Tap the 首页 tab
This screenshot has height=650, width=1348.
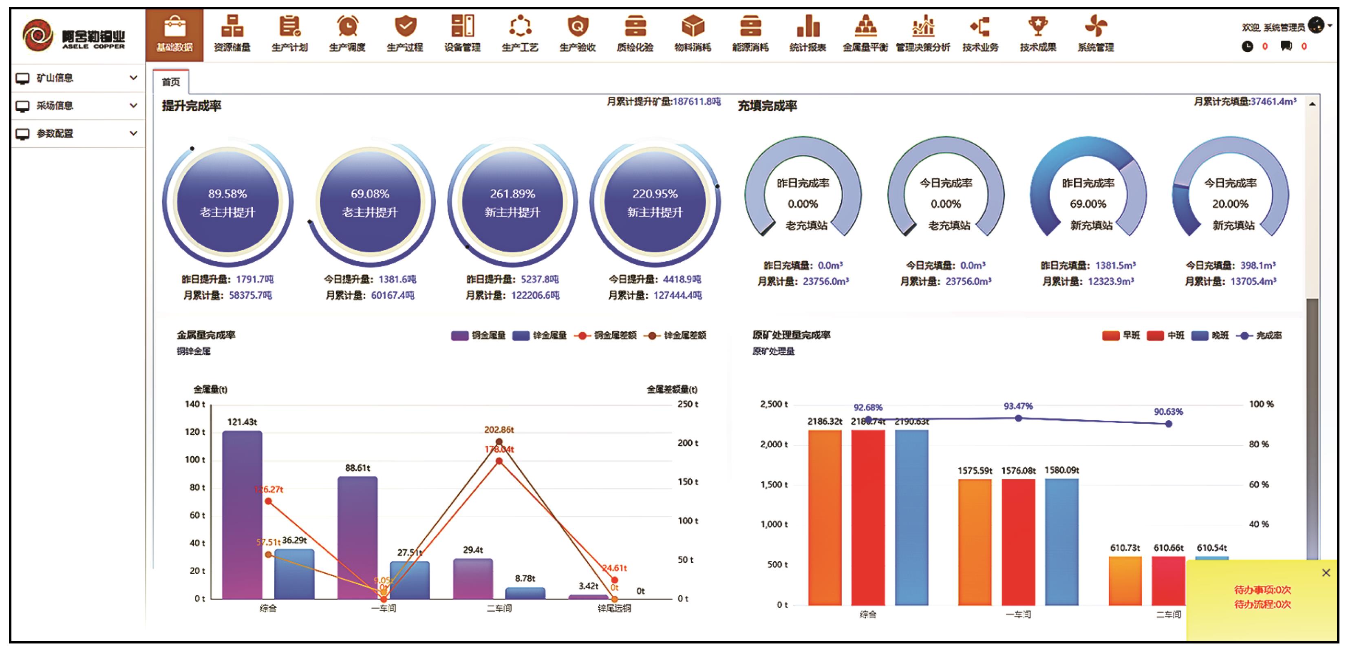171,82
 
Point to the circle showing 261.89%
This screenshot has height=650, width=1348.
512,203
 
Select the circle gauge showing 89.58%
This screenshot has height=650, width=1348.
227,203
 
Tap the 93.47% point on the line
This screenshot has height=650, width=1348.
1018,418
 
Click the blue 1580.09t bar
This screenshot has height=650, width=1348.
1062,542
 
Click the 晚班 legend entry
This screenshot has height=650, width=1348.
1210,336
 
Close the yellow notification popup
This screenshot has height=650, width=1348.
1326,573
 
